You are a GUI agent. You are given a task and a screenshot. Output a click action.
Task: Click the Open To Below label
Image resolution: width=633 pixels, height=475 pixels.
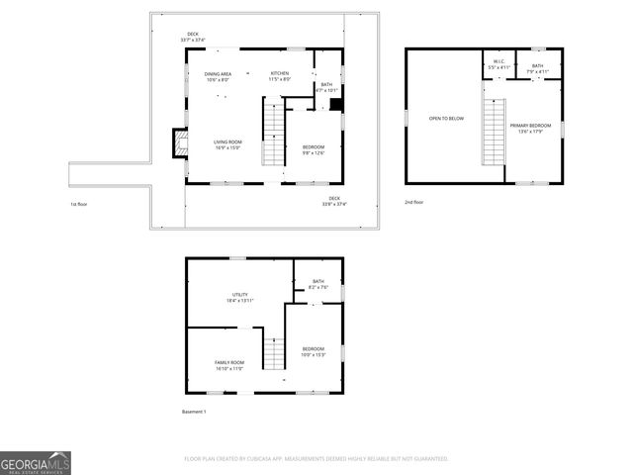[446, 119]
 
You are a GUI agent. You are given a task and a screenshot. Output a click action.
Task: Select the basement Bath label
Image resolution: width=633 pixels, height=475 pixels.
[318, 284]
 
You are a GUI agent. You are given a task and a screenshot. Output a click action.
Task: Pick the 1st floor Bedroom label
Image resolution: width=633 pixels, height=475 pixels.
[313, 148]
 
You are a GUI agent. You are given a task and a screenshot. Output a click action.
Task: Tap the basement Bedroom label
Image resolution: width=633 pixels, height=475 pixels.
[313, 350]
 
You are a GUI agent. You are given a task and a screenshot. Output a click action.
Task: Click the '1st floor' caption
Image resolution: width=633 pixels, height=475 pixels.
[80, 204]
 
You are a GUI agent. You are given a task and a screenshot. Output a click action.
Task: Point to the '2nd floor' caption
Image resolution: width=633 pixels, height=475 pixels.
[413, 202]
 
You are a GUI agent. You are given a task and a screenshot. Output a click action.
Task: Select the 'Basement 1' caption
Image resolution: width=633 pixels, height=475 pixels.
[193, 411]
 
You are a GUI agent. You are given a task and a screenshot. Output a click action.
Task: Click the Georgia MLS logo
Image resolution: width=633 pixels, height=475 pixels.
[36, 463]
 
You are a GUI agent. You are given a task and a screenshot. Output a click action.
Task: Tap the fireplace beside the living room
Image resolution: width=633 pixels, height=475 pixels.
[178, 143]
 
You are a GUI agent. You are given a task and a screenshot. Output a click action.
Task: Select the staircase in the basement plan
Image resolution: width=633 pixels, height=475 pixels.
[274, 351]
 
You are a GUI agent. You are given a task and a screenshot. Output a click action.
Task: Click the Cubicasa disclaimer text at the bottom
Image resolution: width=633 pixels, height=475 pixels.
[316, 459]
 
